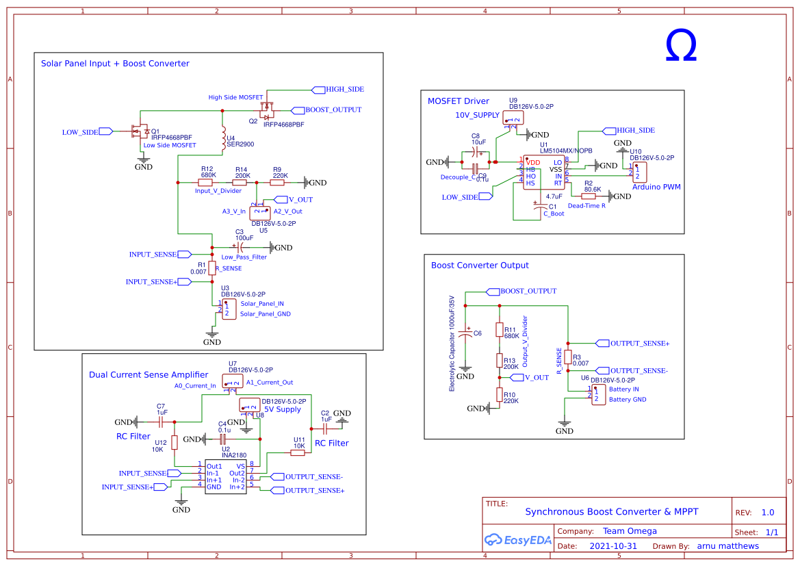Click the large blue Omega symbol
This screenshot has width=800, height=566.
(x=680, y=47)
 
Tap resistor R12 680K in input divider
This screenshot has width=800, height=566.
(x=206, y=183)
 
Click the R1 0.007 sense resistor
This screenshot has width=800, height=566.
(x=212, y=268)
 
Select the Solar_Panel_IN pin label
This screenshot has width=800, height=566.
(x=261, y=303)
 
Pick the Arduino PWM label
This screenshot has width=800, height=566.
(x=656, y=187)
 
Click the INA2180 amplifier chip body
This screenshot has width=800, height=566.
(x=226, y=476)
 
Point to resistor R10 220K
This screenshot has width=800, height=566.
(x=500, y=394)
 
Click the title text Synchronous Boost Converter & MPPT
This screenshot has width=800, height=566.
(x=611, y=511)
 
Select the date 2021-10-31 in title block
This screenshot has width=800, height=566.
(x=612, y=546)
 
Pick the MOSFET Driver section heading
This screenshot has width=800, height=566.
(x=458, y=101)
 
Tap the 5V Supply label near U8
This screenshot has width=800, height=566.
(x=283, y=409)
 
